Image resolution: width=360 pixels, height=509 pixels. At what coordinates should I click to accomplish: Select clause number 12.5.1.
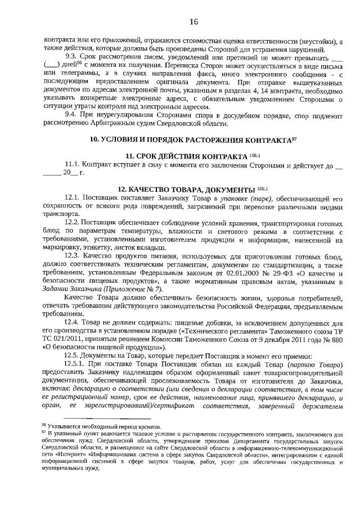tap(76, 364)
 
